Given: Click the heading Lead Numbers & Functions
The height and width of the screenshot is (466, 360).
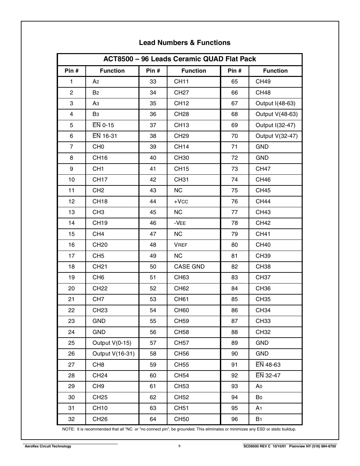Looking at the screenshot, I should (184, 43).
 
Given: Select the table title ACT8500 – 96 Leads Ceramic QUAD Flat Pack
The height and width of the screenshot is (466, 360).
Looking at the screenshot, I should (180, 59).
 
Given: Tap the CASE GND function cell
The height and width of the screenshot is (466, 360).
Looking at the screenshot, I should (189, 267).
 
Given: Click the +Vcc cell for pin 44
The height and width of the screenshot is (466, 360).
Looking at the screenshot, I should (181, 201).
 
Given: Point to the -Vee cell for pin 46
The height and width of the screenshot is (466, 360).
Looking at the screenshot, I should (180, 223).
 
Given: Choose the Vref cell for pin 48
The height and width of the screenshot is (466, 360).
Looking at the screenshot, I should (181, 245).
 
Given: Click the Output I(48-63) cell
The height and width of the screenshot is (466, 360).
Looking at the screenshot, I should (275, 103).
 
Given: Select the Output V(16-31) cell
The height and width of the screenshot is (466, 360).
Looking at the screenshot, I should (113, 354).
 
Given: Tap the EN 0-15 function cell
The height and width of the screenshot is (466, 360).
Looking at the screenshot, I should (103, 125).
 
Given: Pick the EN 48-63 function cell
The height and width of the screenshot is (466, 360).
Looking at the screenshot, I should (268, 365).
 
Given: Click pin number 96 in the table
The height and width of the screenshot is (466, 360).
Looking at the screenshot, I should (235, 419).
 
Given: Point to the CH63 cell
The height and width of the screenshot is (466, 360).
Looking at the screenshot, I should (181, 277).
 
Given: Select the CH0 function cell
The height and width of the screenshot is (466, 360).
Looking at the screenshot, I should (98, 147).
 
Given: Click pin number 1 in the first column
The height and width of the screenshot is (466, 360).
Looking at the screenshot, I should (71, 81).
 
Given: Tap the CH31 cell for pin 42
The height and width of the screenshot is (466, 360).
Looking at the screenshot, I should (181, 180).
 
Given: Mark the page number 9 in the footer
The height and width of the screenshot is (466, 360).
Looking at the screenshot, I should (180, 446).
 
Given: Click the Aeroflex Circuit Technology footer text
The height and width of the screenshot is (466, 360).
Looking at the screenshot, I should (48, 446).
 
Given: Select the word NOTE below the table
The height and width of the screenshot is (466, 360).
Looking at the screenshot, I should (68, 429).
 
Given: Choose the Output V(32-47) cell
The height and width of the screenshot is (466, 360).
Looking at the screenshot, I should (277, 136).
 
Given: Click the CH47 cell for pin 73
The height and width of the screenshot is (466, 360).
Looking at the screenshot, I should (263, 169).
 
